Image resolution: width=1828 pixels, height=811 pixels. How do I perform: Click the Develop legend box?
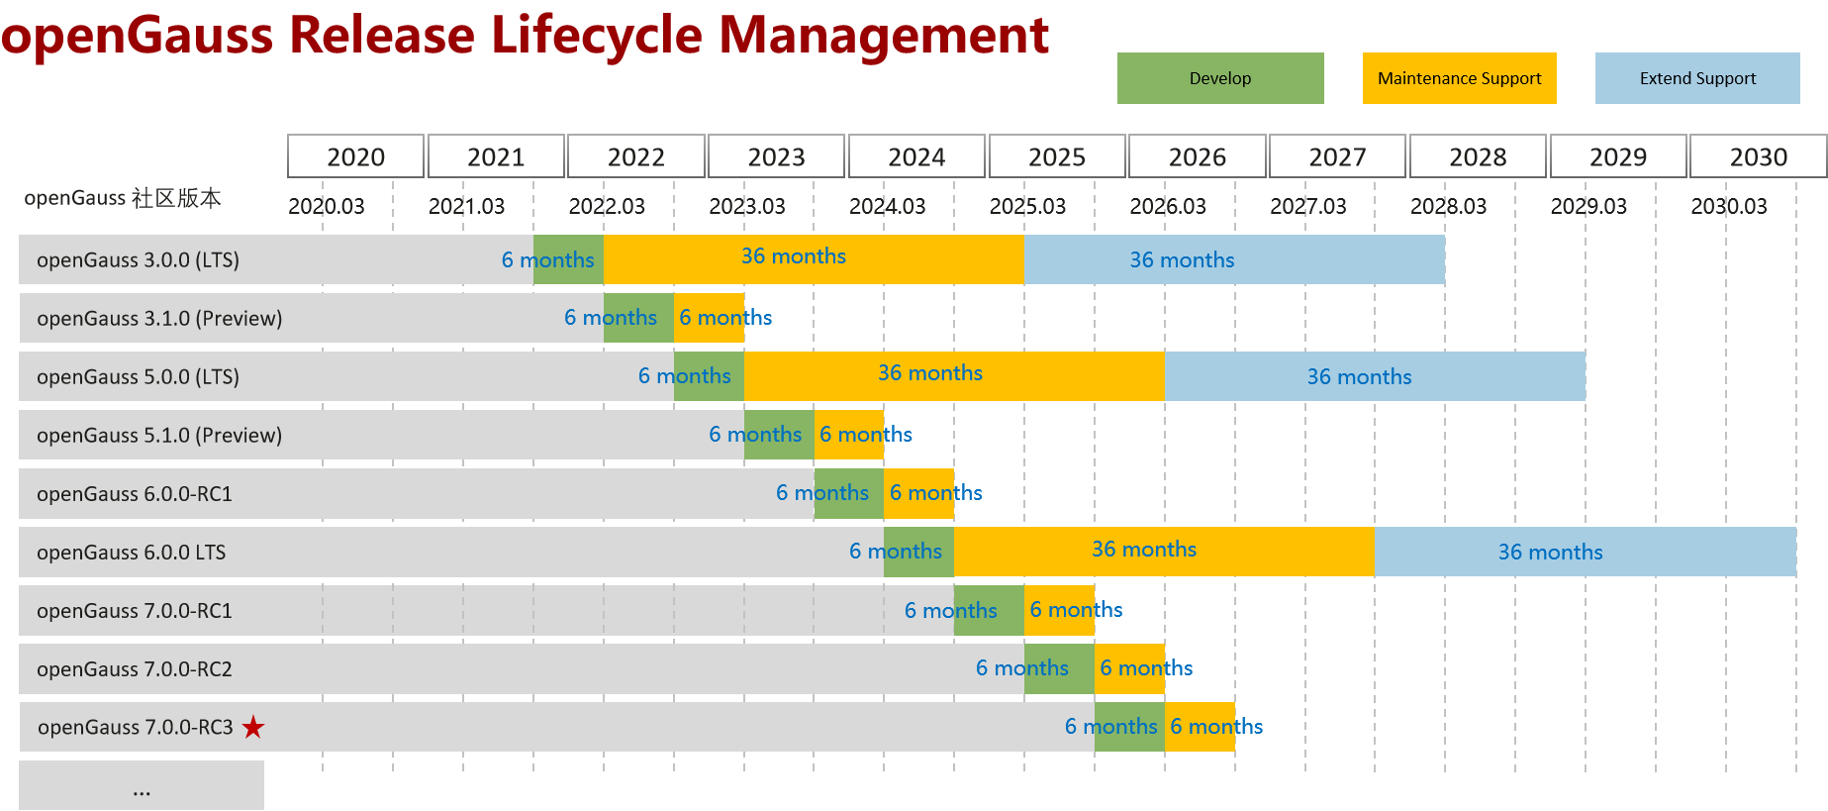1219,78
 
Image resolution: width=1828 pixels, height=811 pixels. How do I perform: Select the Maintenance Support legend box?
1459,78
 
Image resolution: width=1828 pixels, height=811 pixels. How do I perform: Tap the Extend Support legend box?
1696,78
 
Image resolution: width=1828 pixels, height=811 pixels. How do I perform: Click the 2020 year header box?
355,156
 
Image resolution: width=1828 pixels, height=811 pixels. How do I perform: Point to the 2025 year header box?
1056,156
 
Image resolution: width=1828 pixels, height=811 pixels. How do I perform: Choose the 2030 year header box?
1757,156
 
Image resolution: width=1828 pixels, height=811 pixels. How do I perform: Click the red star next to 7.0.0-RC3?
253,727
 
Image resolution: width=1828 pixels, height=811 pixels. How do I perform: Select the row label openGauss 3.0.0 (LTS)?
138,259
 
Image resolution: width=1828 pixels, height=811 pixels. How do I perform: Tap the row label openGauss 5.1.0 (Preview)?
158,435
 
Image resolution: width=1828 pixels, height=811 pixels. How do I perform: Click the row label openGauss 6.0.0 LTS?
131,552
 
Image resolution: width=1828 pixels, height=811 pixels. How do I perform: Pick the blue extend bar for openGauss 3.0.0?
1234,259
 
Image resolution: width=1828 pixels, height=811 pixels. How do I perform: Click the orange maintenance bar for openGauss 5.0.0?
953,376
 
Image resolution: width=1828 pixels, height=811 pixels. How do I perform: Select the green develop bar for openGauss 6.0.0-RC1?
848,493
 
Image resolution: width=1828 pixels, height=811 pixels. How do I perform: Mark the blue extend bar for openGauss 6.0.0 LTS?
1585,552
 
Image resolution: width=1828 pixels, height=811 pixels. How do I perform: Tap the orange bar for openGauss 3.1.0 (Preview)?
709,318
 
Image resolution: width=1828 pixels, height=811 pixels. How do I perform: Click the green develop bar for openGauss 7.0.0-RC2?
1059,668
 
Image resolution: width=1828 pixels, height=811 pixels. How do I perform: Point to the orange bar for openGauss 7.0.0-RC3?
1200,727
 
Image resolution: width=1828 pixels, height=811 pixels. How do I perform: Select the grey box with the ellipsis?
142,785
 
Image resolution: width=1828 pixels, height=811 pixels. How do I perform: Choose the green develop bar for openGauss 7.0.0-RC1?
989,610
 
